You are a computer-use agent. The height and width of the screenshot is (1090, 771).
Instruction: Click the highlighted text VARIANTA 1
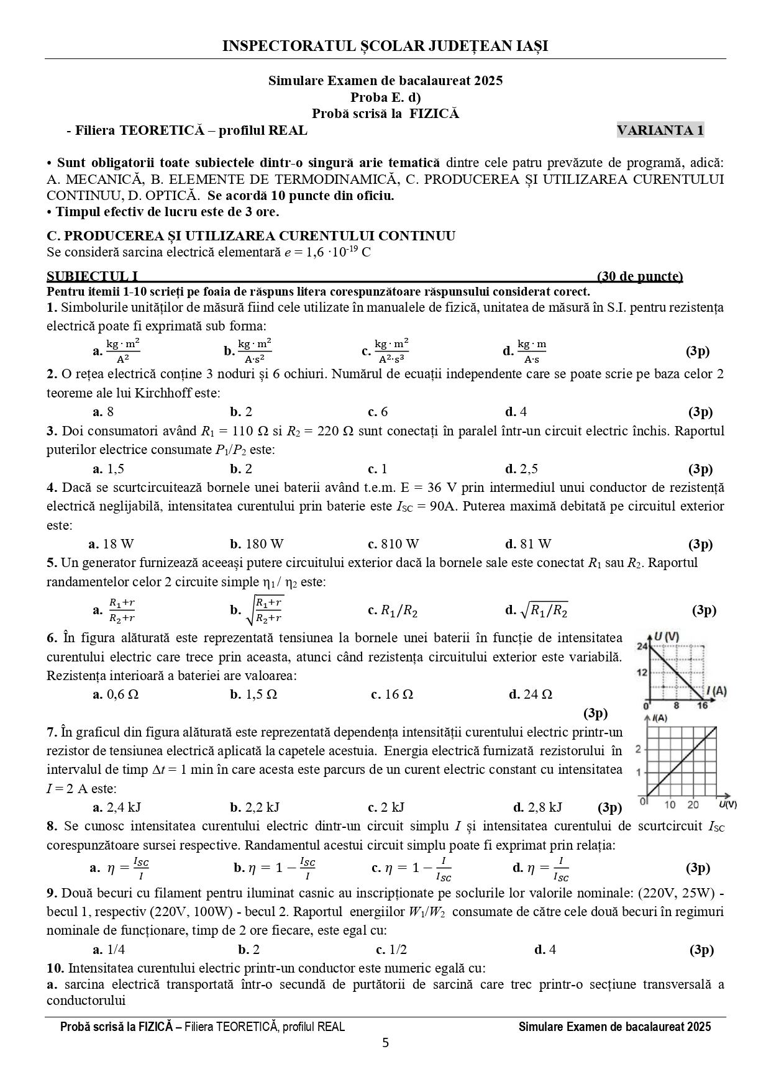pyautogui.click(x=660, y=130)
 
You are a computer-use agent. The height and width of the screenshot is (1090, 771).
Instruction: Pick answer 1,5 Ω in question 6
pyautogui.click(x=254, y=694)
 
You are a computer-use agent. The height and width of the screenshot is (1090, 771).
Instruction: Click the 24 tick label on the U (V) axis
pyautogui.click(x=642, y=647)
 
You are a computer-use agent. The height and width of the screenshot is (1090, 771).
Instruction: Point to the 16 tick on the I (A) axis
pyautogui.click(x=702, y=706)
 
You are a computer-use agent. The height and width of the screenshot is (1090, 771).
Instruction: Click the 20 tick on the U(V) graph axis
pyautogui.click(x=693, y=805)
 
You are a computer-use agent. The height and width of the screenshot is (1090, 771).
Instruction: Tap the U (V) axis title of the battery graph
pyautogui.click(x=668, y=637)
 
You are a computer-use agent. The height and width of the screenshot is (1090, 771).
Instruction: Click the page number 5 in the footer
pyautogui.click(x=386, y=1043)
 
